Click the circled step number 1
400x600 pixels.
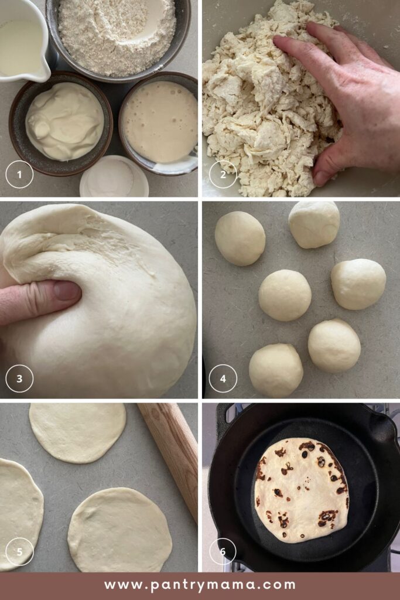pyautogui.click(x=19, y=175)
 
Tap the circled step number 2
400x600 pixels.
pyautogui.click(x=223, y=175)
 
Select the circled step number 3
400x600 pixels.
pyautogui.click(x=19, y=379)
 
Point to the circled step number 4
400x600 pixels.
pyautogui.click(x=223, y=379)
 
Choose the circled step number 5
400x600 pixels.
pyautogui.click(x=19, y=552)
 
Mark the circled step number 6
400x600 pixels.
pyautogui.click(x=223, y=552)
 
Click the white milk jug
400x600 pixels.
pyautogui.click(x=23, y=38)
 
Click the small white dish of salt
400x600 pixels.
pyautogui.click(x=114, y=178)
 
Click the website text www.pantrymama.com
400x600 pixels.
pyautogui.click(x=200, y=585)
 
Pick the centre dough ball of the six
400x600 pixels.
pyautogui.click(x=285, y=295)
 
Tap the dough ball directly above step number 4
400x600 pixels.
pyautogui.click(x=276, y=370)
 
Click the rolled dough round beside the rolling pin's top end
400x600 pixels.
pyautogui.click(x=77, y=432)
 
